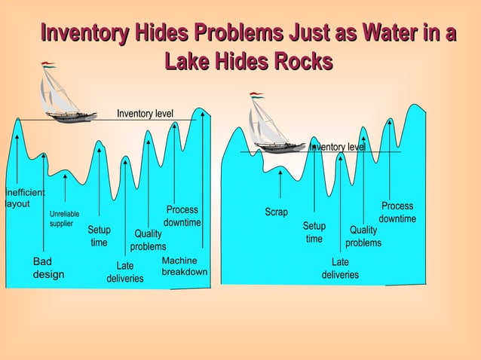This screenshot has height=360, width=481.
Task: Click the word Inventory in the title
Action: click(x=84, y=32)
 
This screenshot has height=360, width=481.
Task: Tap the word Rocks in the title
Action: click(x=303, y=61)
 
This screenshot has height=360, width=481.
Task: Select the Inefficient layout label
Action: click(x=25, y=198)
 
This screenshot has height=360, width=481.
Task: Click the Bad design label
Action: click(x=48, y=268)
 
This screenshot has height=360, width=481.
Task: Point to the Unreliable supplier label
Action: click(x=64, y=218)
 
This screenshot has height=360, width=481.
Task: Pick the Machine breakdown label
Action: click(x=185, y=266)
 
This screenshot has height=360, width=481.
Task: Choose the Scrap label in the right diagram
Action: click(x=276, y=212)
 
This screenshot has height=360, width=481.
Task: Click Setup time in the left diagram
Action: click(x=99, y=236)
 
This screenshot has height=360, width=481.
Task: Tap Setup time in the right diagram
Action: click(x=314, y=232)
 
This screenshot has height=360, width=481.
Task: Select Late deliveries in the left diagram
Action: click(x=125, y=272)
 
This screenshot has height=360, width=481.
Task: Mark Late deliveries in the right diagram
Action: click(x=340, y=268)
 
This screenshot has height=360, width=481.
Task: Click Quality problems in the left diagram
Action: click(x=148, y=240)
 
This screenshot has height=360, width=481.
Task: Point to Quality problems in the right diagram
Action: click(x=363, y=236)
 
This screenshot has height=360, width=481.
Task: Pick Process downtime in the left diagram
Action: click(x=182, y=216)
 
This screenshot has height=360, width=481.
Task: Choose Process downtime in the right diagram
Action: click(x=397, y=212)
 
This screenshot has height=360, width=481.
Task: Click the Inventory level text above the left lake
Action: click(x=145, y=114)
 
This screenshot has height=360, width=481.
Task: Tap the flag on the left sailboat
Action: click(x=48, y=65)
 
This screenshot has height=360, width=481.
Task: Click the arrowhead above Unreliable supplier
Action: click(x=65, y=177)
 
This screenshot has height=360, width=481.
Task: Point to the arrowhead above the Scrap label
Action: click(x=280, y=173)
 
